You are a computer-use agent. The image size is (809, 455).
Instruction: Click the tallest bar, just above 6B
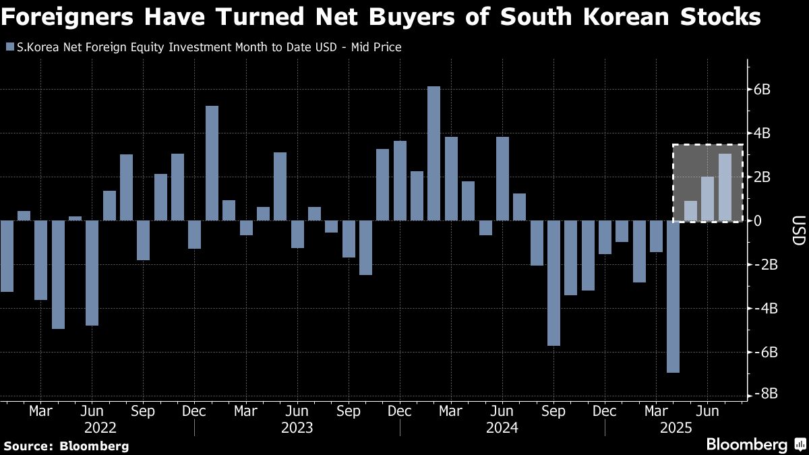[x=434, y=153]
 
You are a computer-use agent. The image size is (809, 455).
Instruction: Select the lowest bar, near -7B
[x=673, y=297]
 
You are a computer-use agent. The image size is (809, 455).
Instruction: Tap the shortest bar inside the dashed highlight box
[x=690, y=211]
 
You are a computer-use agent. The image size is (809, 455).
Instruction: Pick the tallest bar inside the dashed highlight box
[x=725, y=187]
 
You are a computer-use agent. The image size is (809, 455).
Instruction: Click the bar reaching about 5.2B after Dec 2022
[x=212, y=163]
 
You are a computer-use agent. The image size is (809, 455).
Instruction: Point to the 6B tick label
[x=771, y=90]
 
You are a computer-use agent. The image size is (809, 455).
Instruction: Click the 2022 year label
[x=100, y=428]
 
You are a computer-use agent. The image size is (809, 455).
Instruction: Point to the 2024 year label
[x=503, y=428]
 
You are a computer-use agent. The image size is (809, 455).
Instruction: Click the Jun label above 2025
[x=707, y=411]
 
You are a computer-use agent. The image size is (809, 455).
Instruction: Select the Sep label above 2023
[x=348, y=411]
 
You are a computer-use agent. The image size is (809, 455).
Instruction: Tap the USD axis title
[x=798, y=231]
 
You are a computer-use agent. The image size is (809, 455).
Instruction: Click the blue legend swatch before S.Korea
[x=9, y=47]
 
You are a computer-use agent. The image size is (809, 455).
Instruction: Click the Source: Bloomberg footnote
[x=66, y=446]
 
